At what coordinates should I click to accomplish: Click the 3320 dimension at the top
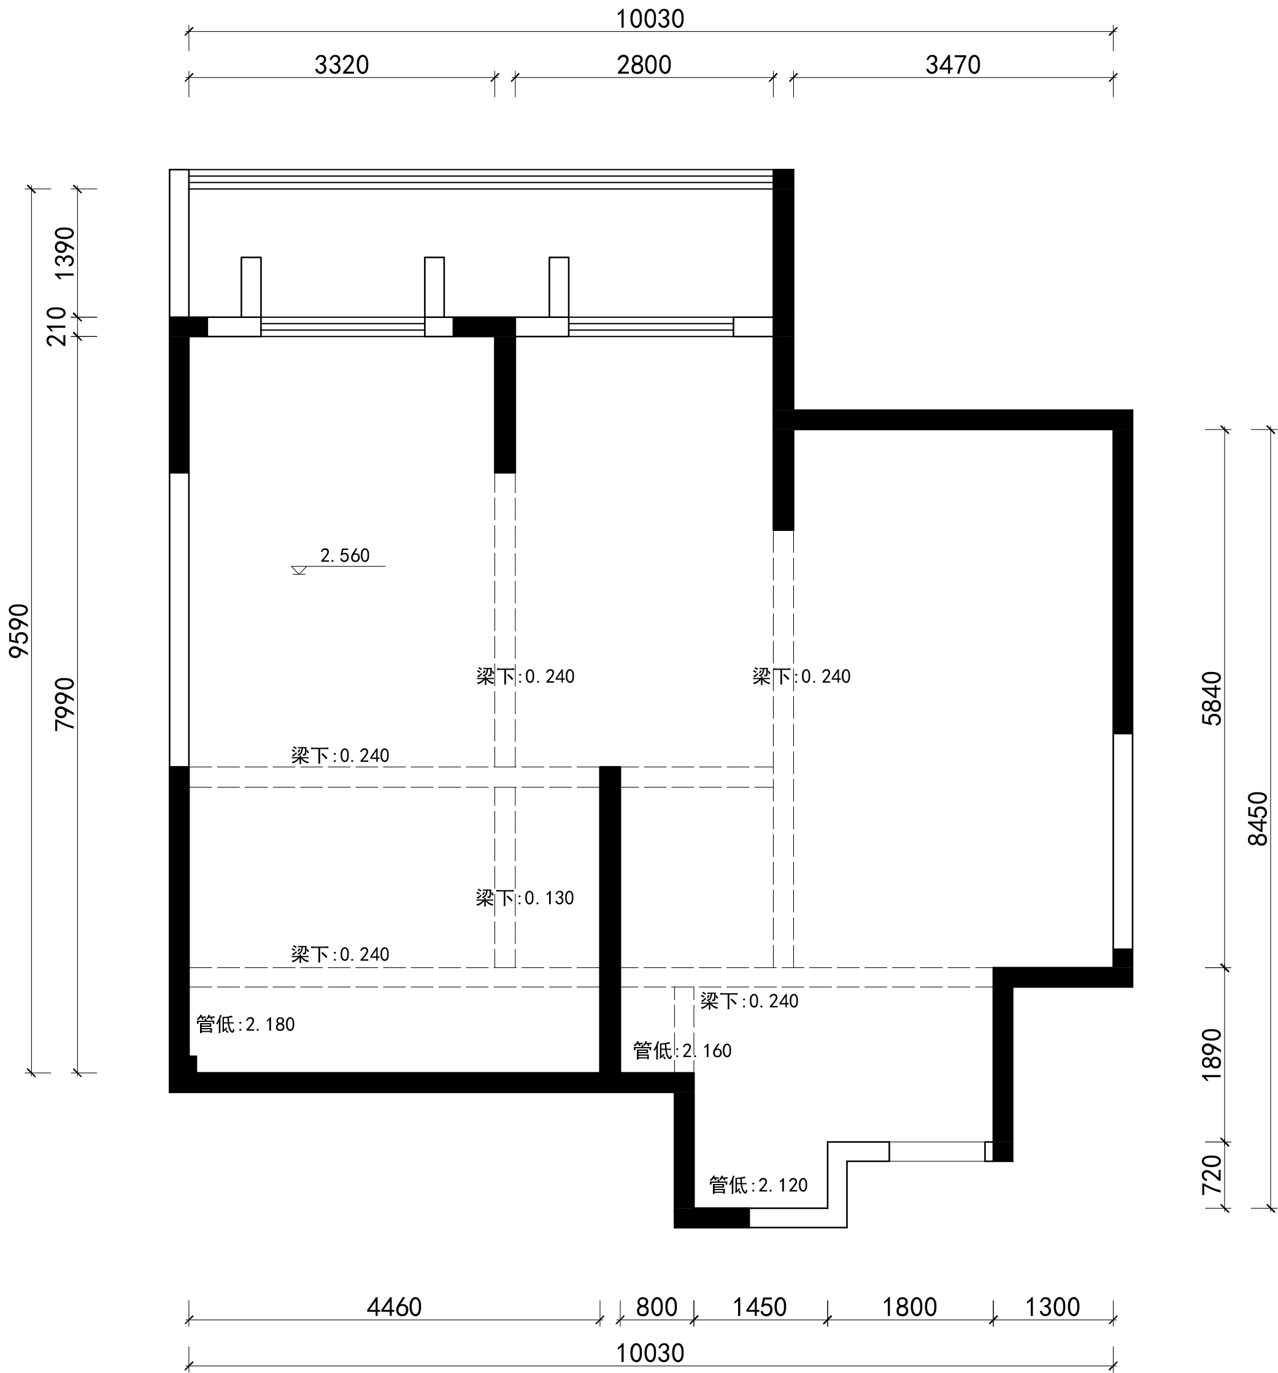(341, 65)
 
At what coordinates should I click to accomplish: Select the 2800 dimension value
(644, 65)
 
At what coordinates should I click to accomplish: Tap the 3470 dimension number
(953, 65)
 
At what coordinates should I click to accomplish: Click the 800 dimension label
(656, 1307)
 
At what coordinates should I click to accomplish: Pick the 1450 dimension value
(760, 1307)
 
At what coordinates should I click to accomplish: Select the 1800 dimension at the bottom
(910, 1307)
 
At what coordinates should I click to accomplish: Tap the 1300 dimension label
(1052, 1307)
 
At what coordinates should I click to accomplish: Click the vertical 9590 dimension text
(20, 630)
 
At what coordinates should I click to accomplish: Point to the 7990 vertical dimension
(65, 704)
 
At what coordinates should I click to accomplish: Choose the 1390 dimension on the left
(65, 253)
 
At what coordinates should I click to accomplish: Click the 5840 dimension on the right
(1212, 698)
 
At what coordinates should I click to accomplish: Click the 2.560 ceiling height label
(345, 555)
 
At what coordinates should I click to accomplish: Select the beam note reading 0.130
(525, 898)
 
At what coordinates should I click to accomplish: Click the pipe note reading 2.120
(758, 1185)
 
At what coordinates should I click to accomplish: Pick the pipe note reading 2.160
(682, 1051)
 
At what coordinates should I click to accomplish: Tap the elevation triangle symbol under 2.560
(299, 570)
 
